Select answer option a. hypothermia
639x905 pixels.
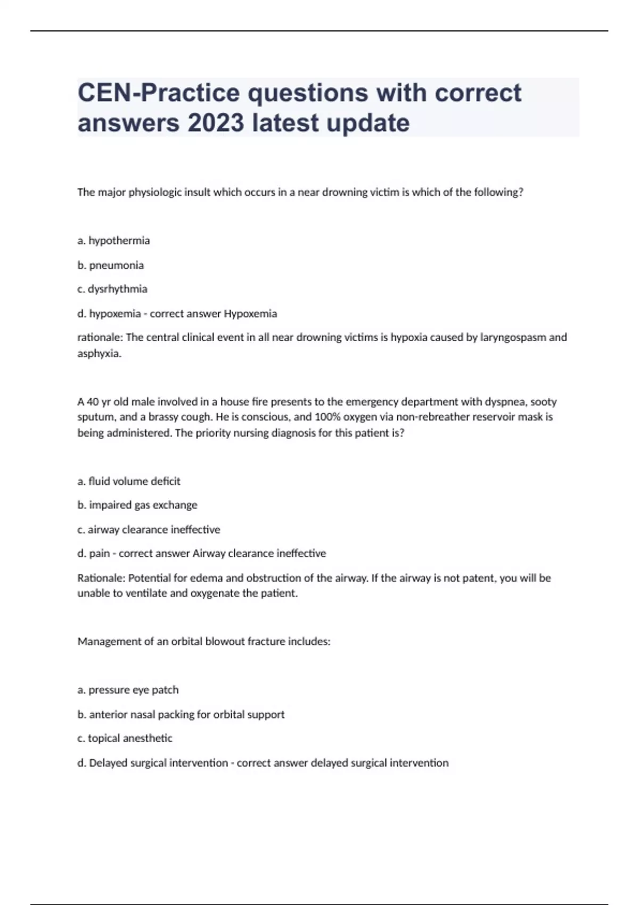tap(113, 241)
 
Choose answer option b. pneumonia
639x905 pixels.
tap(111, 265)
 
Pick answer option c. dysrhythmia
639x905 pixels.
tap(112, 289)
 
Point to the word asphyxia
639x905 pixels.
tap(99, 353)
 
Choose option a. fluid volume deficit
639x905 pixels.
tap(129, 481)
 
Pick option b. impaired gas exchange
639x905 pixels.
tap(137, 505)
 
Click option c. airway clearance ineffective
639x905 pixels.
tap(149, 530)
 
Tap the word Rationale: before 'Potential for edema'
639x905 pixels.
tap(101, 578)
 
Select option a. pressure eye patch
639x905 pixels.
tap(128, 690)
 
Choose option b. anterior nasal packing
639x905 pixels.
tap(181, 714)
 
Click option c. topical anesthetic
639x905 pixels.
tap(125, 738)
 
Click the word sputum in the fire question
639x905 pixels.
tap(94, 417)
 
